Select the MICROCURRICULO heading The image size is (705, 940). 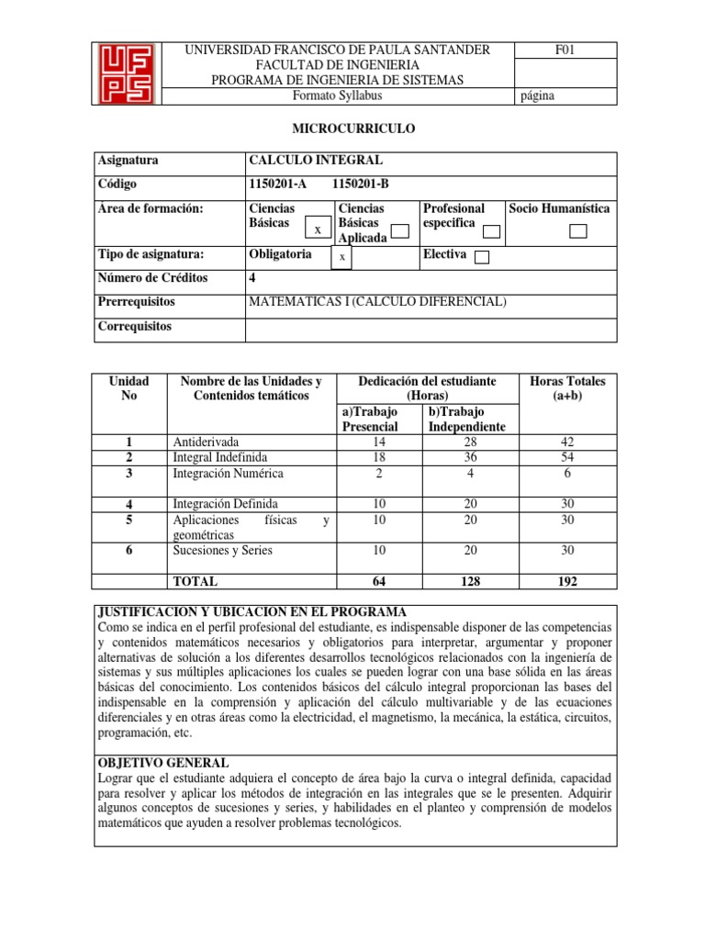(x=352, y=129)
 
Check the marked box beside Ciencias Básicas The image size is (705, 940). (x=317, y=229)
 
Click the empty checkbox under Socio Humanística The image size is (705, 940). (x=577, y=230)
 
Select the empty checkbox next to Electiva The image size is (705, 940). (x=482, y=258)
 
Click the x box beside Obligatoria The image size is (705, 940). (x=341, y=258)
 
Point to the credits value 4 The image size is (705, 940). (x=252, y=278)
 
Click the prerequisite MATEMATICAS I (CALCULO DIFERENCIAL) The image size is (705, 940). (x=377, y=302)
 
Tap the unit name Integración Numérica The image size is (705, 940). (x=229, y=474)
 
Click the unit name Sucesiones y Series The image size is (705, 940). (x=223, y=551)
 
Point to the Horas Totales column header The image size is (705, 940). (x=568, y=388)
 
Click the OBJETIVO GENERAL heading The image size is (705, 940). (x=162, y=763)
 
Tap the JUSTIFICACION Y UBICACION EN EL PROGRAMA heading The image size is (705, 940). (x=251, y=612)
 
